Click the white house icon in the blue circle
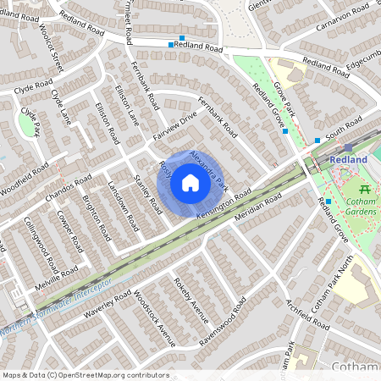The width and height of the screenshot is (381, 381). [190, 182]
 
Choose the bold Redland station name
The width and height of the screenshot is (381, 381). [348, 160]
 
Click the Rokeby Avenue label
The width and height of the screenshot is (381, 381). [190, 299]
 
